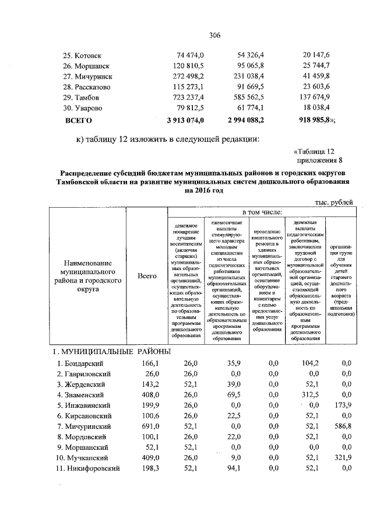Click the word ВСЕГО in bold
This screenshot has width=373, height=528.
pyautogui.click(x=78, y=121)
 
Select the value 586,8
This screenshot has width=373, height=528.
pyautogui.click(x=341, y=426)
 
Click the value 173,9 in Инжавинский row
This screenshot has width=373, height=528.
pyautogui.click(x=341, y=405)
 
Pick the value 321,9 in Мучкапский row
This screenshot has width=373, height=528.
pyautogui.click(x=341, y=458)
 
